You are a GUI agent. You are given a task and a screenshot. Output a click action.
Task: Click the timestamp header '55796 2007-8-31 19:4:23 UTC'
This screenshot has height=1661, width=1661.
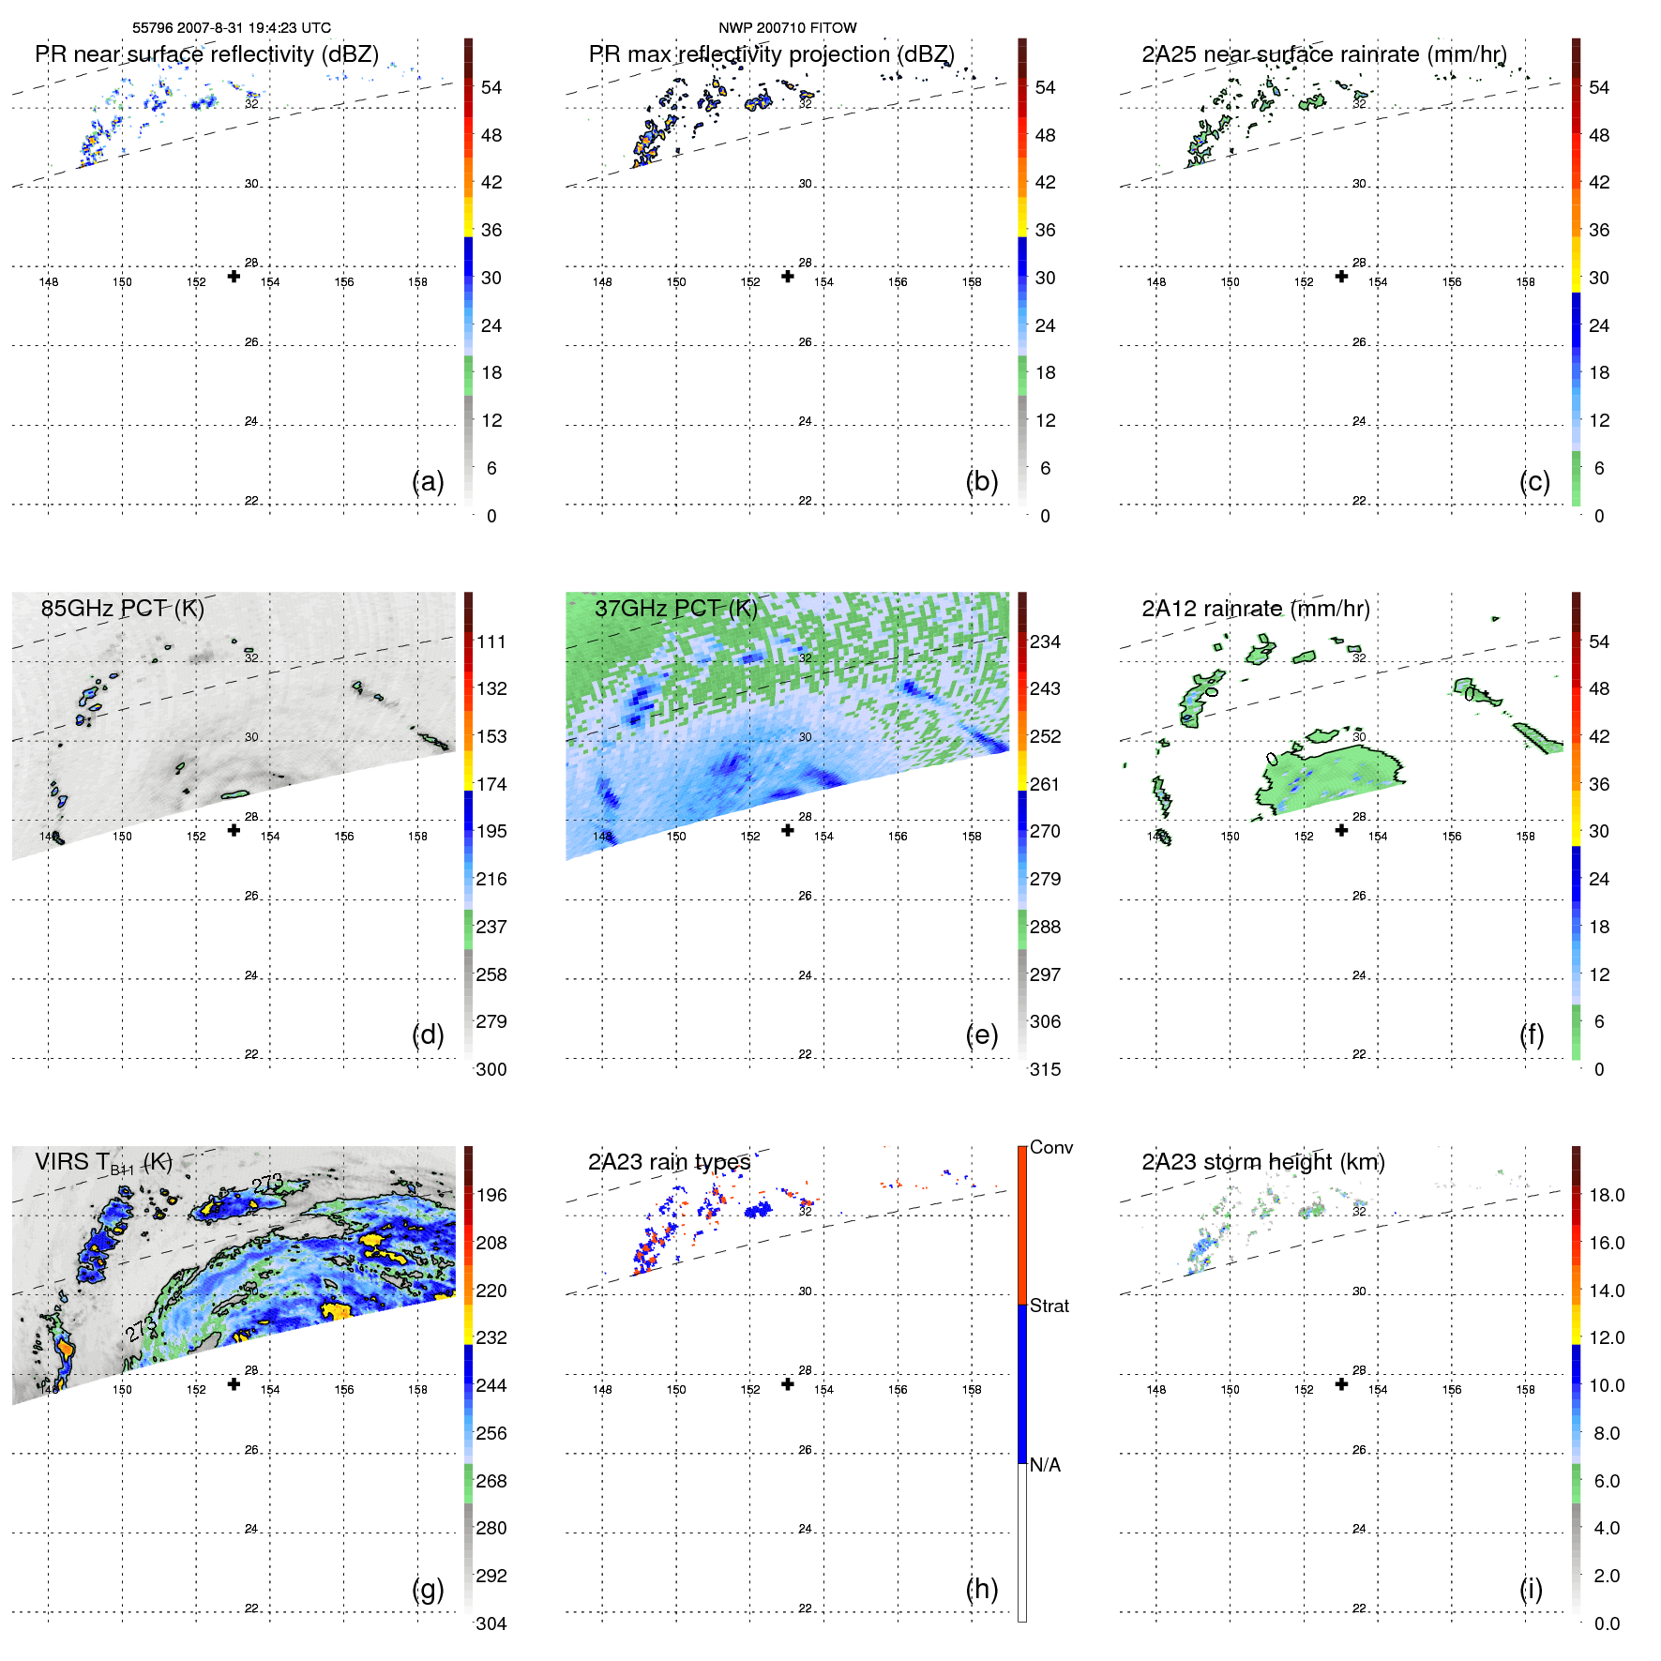click(232, 28)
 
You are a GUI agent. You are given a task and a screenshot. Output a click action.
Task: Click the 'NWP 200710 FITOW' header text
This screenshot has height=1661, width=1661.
click(787, 28)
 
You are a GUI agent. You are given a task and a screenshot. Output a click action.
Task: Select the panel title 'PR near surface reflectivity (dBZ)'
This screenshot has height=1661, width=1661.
click(206, 54)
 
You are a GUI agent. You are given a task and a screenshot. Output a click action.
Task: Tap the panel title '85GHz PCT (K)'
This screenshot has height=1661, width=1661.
click(122, 609)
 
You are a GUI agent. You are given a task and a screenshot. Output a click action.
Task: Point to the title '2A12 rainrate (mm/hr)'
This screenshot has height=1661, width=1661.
click(1255, 609)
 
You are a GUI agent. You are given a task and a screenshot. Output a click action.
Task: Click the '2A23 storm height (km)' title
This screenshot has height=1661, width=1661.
click(1262, 1162)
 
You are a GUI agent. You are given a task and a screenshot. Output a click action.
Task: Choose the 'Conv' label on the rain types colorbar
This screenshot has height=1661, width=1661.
click(1050, 1148)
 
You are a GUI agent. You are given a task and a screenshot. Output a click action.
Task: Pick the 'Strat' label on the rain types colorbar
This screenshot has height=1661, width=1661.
click(1049, 1306)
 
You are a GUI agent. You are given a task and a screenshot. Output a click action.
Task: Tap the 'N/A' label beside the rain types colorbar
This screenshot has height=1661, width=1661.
click(1045, 1465)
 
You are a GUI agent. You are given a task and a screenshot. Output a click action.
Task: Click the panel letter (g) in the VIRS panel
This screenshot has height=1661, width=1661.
click(428, 1589)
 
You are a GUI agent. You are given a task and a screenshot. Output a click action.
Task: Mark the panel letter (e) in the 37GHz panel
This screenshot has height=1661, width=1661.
click(981, 1034)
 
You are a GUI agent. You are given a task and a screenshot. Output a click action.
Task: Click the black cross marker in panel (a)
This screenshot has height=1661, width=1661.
click(234, 276)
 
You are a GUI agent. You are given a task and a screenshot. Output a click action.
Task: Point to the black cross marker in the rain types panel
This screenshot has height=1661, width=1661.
click(788, 1384)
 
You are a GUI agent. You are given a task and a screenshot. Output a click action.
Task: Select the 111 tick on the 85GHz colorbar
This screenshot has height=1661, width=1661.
click(491, 642)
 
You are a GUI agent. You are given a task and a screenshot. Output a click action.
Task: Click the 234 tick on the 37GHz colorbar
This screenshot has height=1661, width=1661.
click(1045, 642)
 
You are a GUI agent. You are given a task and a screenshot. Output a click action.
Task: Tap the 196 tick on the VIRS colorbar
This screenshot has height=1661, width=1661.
click(491, 1196)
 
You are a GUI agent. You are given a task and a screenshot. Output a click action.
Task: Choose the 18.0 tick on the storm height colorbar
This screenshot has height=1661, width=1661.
click(1606, 1196)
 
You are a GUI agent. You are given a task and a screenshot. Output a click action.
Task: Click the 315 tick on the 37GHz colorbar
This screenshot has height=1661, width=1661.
click(1045, 1069)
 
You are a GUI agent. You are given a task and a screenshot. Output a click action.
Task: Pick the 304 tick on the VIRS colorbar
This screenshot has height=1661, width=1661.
click(491, 1623)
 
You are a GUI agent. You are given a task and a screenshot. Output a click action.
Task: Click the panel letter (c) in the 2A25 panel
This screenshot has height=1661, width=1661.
click(1534, 481)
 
